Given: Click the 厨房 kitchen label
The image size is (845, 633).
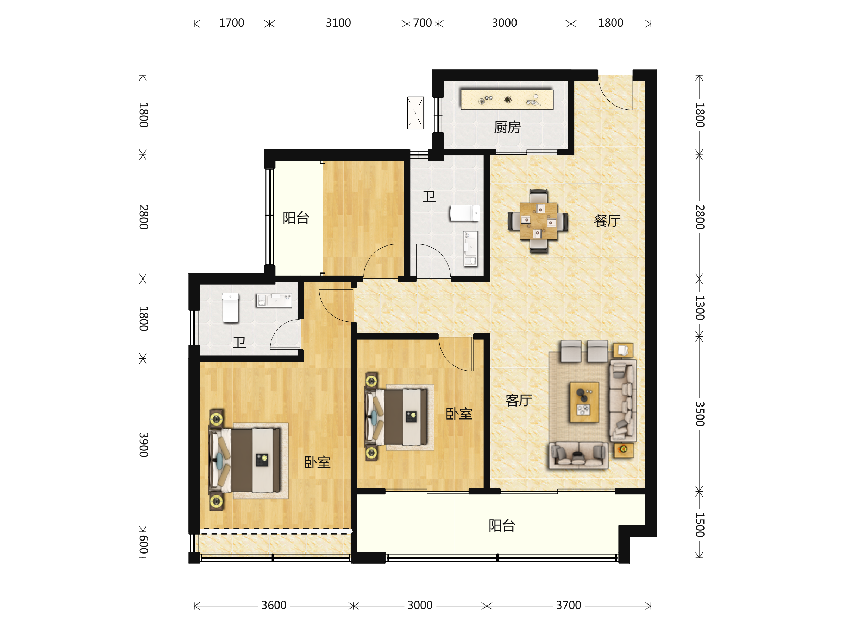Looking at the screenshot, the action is click(507, 127).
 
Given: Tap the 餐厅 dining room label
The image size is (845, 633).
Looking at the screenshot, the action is click(607, 221).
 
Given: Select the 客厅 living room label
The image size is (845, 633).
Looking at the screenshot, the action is click(519, 400).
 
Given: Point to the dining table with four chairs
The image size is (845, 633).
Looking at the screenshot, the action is click(538, 221).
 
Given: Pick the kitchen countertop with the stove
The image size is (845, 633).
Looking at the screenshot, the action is click(507, 100).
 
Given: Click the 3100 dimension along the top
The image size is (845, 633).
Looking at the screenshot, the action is click(338, 23).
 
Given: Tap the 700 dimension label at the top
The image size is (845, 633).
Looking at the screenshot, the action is click(422, 23).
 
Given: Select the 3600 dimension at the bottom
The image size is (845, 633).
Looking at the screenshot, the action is click(274, 605).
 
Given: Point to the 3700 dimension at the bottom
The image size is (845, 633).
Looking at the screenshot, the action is click(568, 605).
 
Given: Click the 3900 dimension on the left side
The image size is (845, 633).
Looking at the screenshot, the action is click(143, 445).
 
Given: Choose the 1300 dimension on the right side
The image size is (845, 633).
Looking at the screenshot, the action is click(700, 308).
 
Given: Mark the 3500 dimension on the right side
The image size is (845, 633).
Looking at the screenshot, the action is click(700, 414).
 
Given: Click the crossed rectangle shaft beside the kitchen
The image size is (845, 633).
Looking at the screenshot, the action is click(415, 113).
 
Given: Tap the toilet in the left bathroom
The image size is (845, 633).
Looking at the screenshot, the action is click(230, 308).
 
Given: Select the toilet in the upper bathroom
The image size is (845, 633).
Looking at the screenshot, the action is click(464, 213).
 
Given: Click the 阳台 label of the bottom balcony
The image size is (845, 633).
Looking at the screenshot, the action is click(502, 525).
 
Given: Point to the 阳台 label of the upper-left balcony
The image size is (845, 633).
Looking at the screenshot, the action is click(296, 218).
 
